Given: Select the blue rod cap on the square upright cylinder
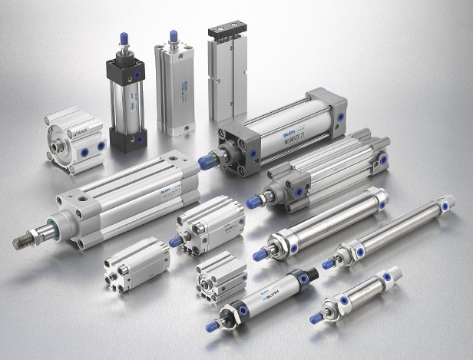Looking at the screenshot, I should (174, 35).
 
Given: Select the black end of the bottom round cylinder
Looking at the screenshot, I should (307, 276).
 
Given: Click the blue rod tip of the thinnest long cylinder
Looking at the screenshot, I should (329, 263).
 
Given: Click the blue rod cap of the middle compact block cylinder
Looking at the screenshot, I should (176, 241).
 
